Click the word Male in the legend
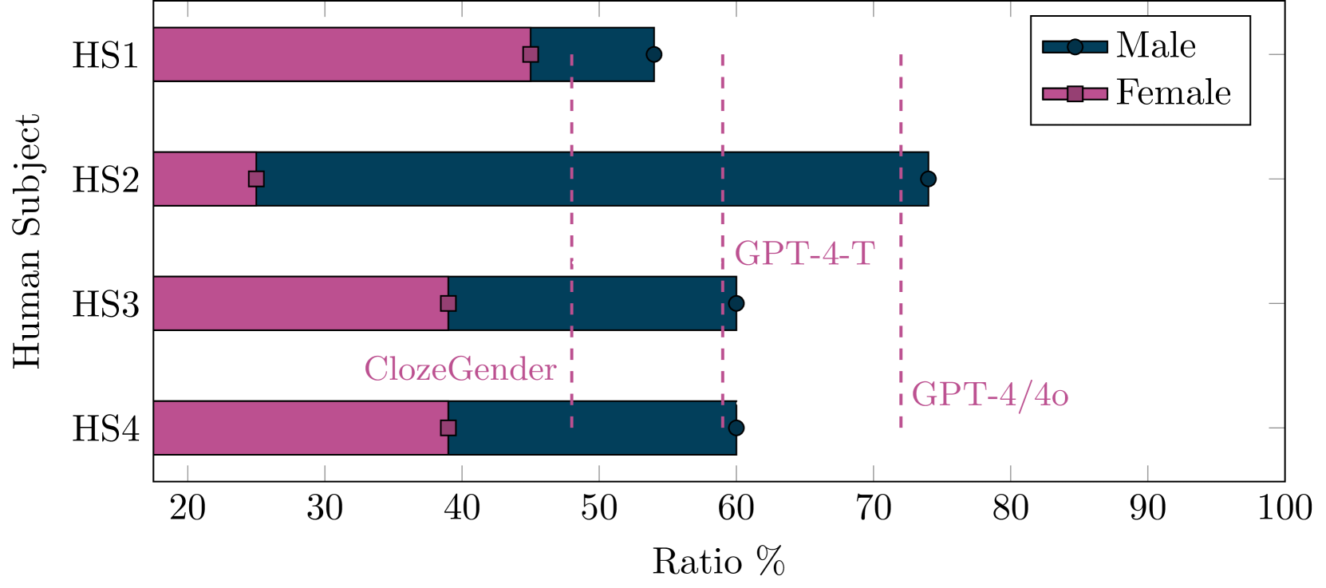pos(1156,45)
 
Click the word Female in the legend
pos(1173,93)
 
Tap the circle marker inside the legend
pos(1075,46)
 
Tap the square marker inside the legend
pos(1075,94)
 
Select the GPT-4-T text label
pos(804,255)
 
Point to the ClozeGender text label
pos(460,369)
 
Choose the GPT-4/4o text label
pos(989,395)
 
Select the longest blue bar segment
pos(591,179)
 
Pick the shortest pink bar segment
pos(204,179)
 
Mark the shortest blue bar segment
pos(591,54)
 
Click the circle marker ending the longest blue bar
pos(927,179)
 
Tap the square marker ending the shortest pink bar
pos(256,179)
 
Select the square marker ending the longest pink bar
pos(531,54)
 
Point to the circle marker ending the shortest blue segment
pos(653,54)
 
